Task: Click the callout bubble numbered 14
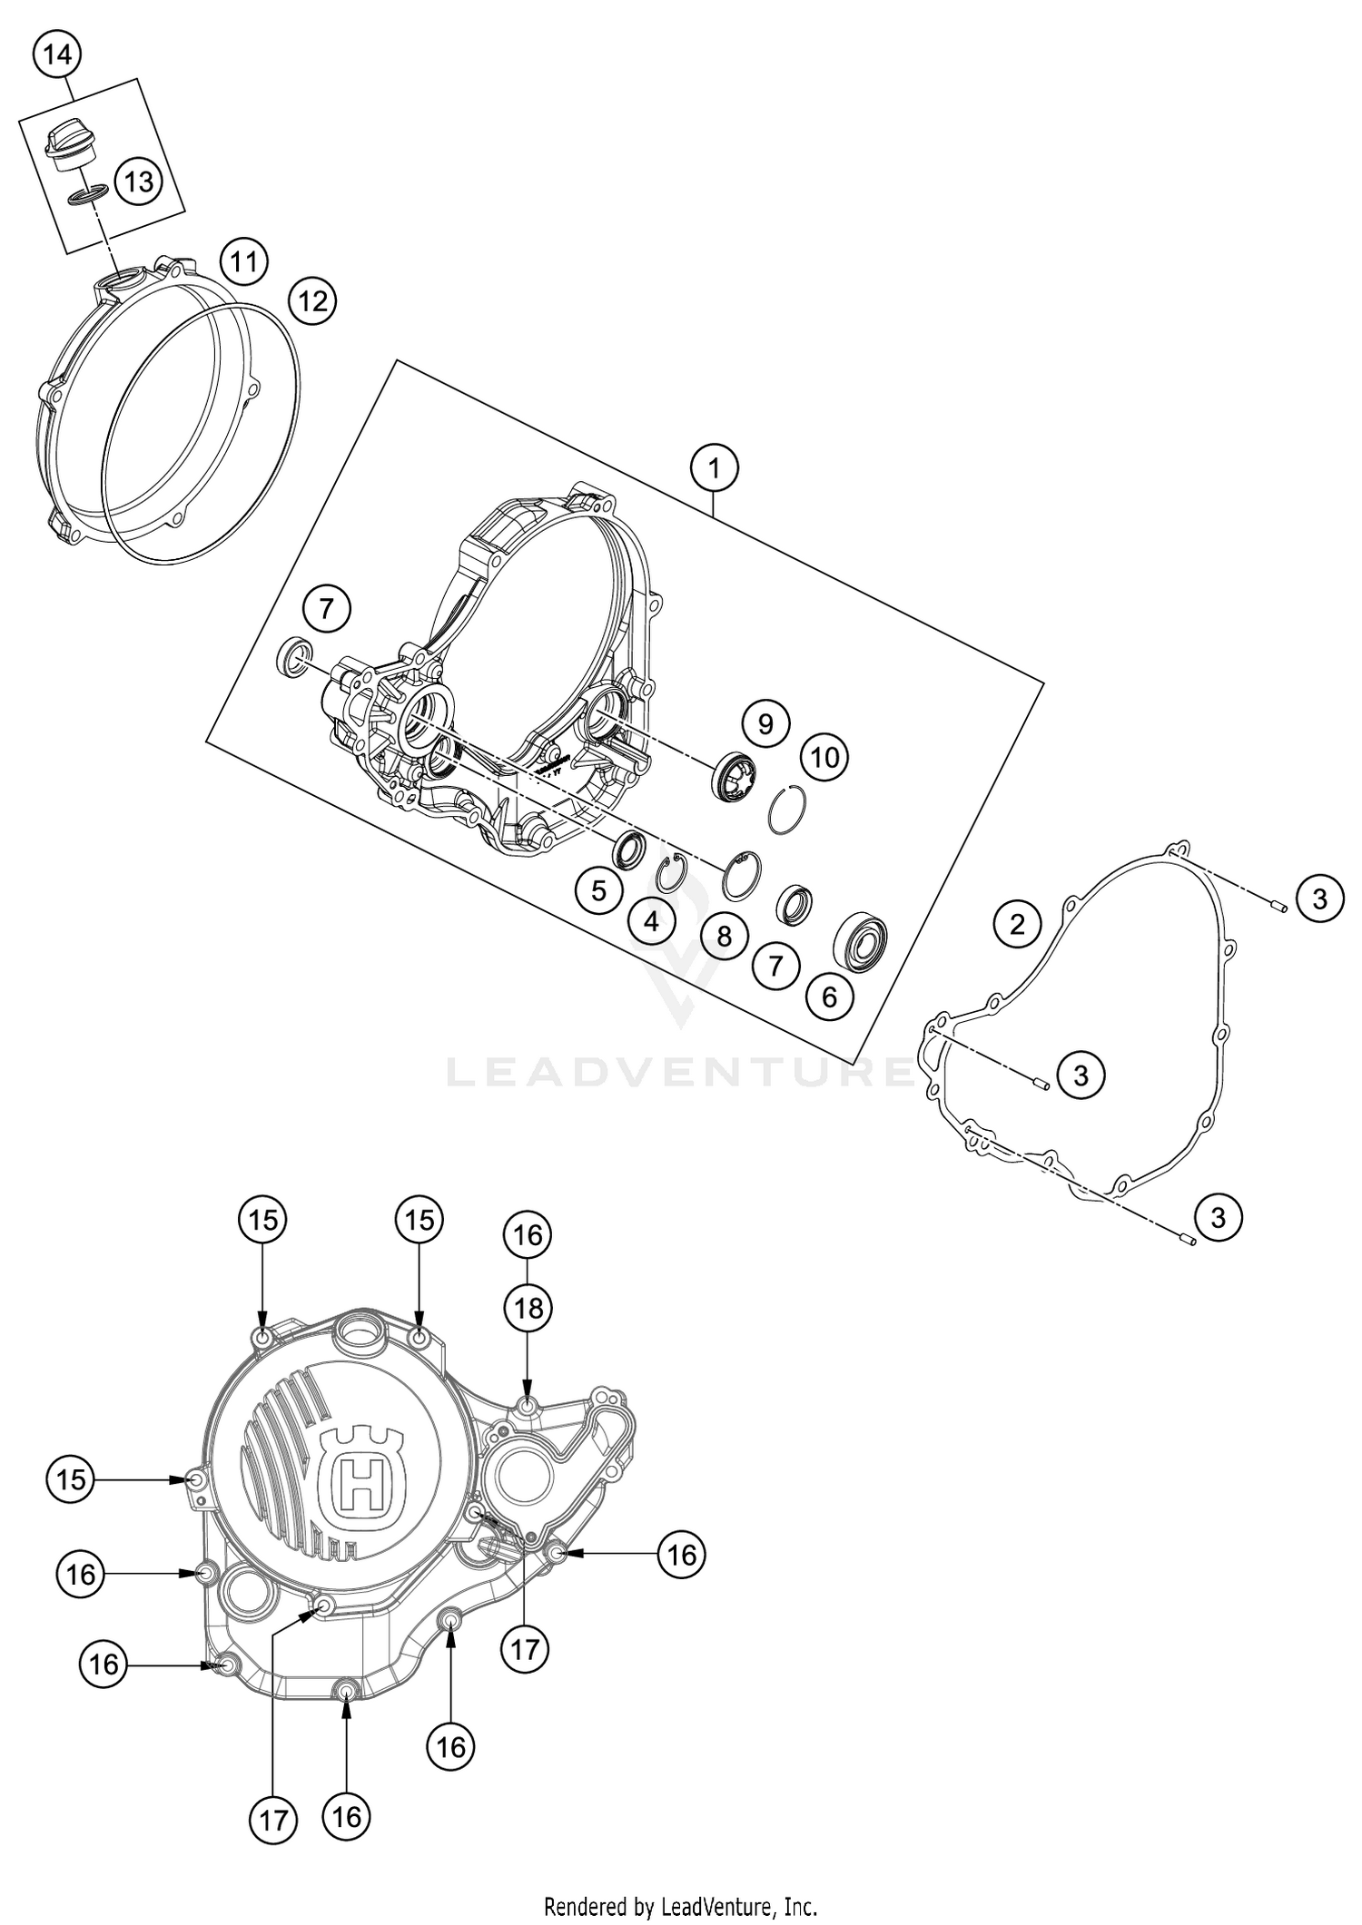[x=56, y=55]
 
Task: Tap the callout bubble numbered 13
[x=139, y=182]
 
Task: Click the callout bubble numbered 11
[x=243, y=263]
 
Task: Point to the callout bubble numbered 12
[x=312, y=300]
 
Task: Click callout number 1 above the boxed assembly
[x=714, y=469]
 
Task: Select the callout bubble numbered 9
[x=765, y=723]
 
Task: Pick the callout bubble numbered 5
[x=598, y=890]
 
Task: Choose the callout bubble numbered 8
[x=724, y=936]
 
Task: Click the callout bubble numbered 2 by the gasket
[x=1017, y=925]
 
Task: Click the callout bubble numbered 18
[x=528, y=1309]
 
